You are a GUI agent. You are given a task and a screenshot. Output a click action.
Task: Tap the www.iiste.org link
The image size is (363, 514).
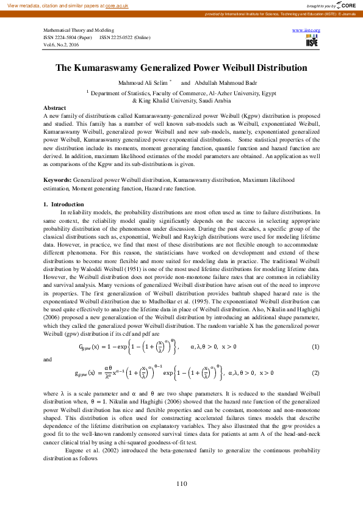306,30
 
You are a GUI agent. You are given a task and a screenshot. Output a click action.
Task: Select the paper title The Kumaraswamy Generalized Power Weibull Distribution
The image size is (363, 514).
181,68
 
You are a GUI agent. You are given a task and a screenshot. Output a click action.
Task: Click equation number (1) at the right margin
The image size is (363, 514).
315,347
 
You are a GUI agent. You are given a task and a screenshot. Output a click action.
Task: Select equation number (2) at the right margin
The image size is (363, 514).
315,372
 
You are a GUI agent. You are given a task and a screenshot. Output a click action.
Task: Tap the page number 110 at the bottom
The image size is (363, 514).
181,484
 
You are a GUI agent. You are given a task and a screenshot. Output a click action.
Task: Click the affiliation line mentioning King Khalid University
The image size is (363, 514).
181,100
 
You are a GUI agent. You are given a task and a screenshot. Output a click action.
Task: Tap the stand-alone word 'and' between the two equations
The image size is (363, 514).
49,360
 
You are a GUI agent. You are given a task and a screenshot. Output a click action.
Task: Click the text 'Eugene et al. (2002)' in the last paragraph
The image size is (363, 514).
88,450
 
